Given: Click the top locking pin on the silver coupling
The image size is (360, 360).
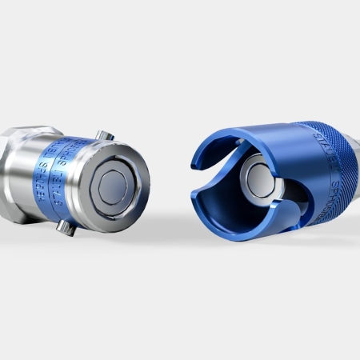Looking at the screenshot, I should [103, 137].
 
